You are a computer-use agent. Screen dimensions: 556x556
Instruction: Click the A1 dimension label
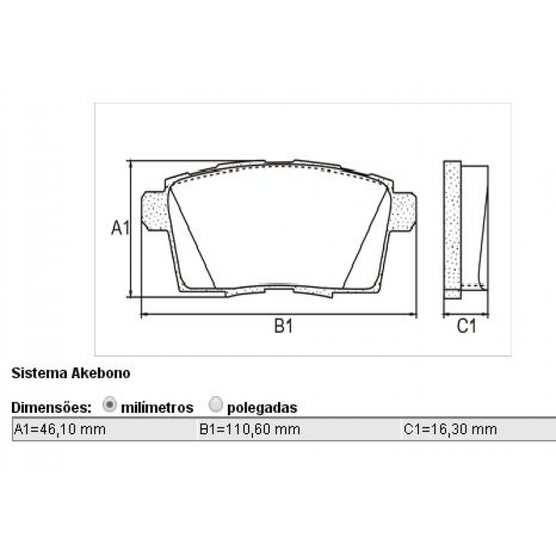120,227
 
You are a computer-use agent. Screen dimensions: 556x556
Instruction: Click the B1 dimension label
282,326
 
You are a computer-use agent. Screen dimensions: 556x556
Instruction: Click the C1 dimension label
466,326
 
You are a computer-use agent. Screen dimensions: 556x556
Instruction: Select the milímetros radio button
110,404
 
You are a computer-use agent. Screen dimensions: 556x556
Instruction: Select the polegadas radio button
216,404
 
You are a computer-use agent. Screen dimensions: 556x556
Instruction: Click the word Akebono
101,373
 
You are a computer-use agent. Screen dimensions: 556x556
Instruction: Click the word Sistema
40,373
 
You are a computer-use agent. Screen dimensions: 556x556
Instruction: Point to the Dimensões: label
51,407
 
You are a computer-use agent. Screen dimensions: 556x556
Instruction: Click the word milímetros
157,407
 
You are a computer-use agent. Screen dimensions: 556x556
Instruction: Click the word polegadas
263,407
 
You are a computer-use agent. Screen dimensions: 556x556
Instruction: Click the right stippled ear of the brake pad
402,211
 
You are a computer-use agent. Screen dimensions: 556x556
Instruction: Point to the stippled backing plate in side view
452,229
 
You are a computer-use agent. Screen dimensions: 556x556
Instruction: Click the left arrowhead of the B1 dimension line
144,315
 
